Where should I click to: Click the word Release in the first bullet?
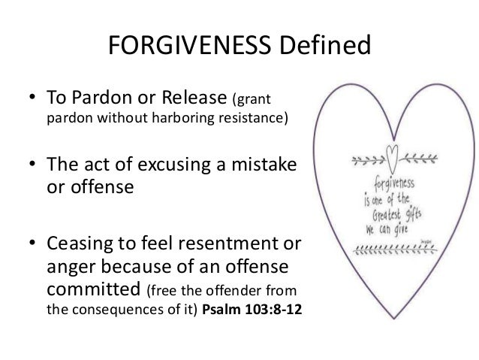(196, 98)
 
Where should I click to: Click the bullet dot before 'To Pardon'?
(34, 99)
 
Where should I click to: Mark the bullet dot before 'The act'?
(34, 165)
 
